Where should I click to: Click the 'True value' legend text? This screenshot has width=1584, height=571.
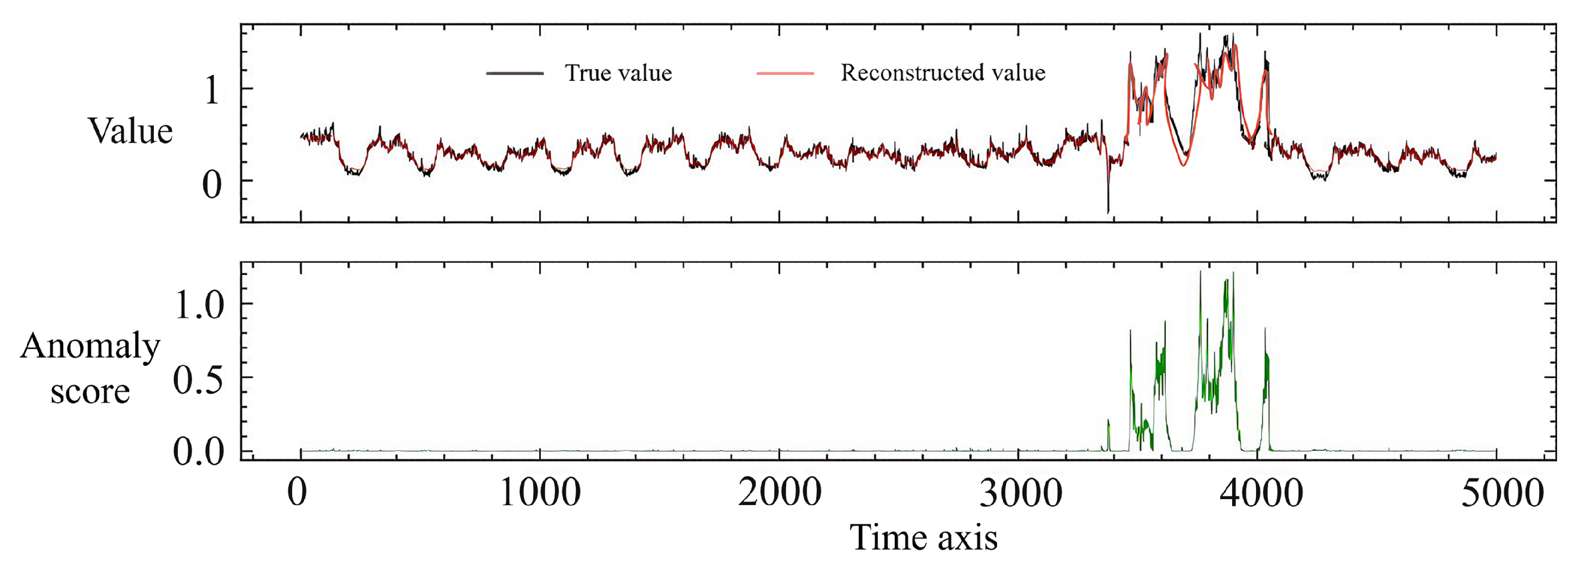(618, 73)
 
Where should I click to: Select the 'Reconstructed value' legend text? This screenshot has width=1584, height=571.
(943, 73)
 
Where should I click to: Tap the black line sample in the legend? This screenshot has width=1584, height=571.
(515, 74)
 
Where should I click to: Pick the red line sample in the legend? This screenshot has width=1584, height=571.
(785, 74)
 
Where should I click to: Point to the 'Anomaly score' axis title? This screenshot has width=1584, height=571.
(90, 369)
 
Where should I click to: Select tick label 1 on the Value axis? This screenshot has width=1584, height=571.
(212, 90)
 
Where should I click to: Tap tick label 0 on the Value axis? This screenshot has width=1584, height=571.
(212, 184)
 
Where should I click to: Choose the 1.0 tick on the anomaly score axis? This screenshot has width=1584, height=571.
(200, 305)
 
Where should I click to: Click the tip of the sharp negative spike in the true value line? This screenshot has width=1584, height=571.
(1108, 213)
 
